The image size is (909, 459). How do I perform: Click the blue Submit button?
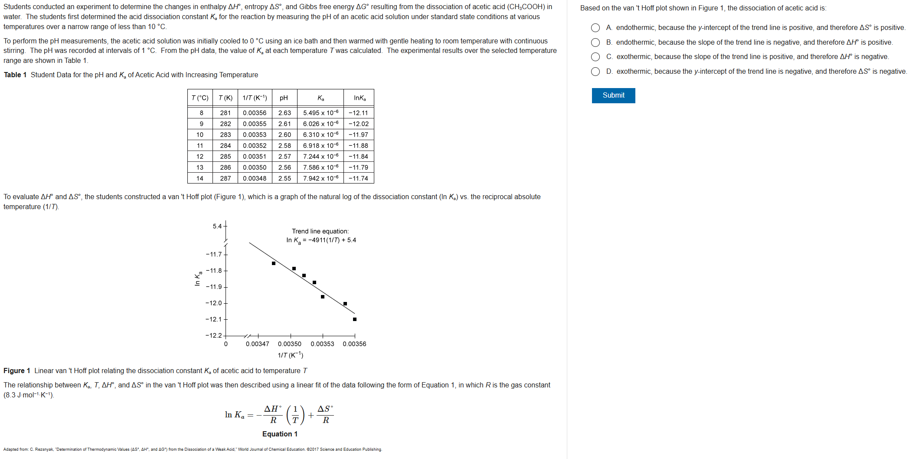pyautogui.click(x=613, y=95)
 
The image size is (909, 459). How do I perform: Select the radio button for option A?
pyautogui.click(x=595, y=28)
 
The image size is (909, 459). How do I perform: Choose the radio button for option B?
pyautogui.click(x=595, y=43)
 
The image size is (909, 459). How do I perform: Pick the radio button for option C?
pyautogui.click(x=595, y=57)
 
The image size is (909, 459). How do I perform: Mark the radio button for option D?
pyautogui.click(x=595, y=72)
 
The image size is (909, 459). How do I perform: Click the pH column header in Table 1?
pyautogui.click(x=284, y=98)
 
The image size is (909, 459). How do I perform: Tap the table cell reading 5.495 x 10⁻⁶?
pyautogui.click(x=320, y=113)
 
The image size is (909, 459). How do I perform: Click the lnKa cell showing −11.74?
pyautogui.click(x=358, y=178)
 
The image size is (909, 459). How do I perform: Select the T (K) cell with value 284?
pyautogui.click(x=226, y=146)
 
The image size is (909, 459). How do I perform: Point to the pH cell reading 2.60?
pyautogui.click(x=284, y=135)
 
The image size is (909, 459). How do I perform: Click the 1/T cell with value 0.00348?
pyautogui.click(x=255, y=178)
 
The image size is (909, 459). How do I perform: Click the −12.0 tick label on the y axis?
pyautogui.click(x=213, y=303)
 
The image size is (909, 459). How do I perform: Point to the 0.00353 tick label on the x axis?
pyautogui.click(x=322, y=344)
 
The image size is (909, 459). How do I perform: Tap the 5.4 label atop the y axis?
pyautogui.click(x=217, y=226)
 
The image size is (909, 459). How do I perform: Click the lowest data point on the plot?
pyautogui.click(x=355, y=319)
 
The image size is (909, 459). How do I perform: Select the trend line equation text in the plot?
pyautogui.click(x=321, y=240)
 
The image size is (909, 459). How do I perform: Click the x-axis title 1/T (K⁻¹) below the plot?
pyautogui.click(x=291, y=355)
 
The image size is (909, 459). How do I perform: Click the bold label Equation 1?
pyautogui.click(x=280, y=434)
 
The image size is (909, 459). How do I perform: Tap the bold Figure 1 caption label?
pyautogui.click(x=17, y=370)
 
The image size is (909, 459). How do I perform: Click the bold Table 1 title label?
pyautogui.click(x=15, y=75)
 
